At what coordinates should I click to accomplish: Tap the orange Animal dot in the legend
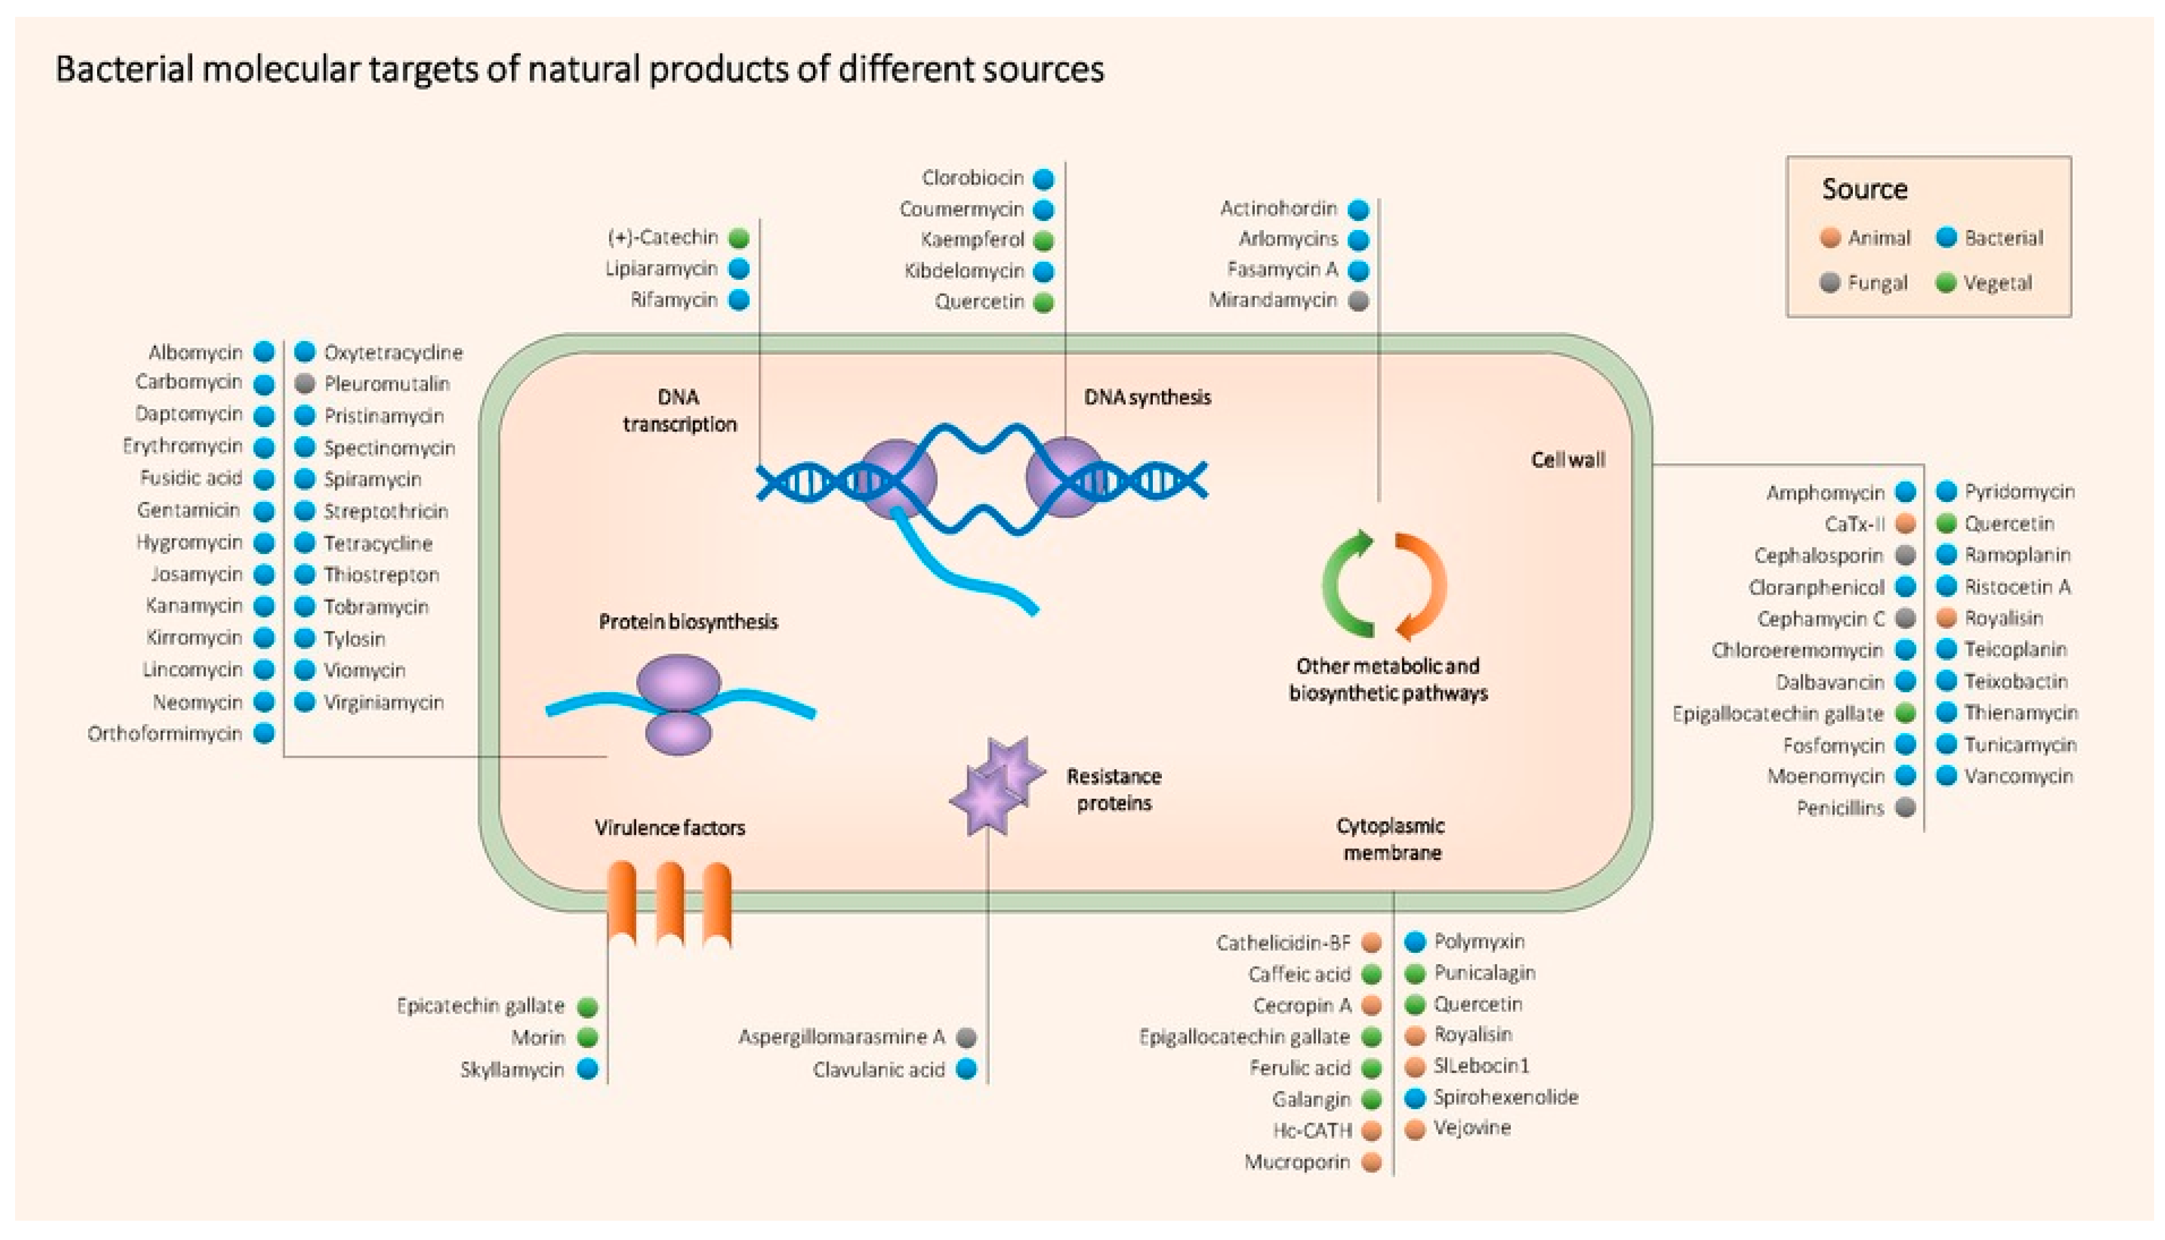1829,238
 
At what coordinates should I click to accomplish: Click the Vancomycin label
2018,776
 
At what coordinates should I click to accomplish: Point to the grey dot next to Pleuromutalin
304,383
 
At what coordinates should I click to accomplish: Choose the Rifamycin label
674,300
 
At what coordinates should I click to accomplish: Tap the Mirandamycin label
1272,300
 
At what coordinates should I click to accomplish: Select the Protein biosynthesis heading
687,622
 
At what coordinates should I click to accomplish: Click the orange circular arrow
1421,586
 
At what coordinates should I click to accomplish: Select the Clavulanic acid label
878,1070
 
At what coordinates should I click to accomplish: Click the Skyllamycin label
512,1070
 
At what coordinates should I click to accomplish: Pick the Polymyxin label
1479,941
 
